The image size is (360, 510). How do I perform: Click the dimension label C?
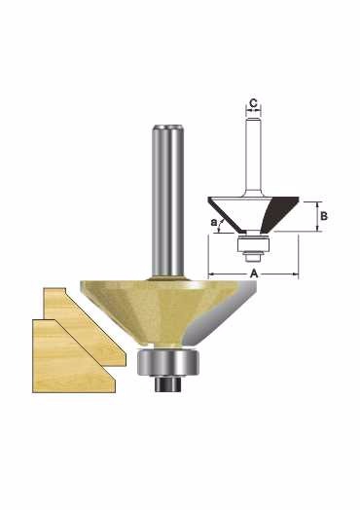(253, 103)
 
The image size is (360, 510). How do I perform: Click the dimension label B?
(324, 216)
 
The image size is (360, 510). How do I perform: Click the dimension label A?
(254, 273)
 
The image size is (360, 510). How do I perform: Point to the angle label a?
(214, 223)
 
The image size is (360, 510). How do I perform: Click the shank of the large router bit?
(168, 201)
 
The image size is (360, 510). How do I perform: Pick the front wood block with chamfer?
(73, 357)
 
